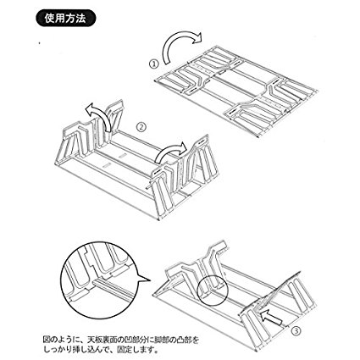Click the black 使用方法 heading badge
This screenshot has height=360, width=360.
66,19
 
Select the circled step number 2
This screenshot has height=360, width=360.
141,127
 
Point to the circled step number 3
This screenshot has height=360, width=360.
296,330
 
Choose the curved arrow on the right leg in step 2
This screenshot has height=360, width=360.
169,150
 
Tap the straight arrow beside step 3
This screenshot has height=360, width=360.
271,317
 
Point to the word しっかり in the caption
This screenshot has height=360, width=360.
59,350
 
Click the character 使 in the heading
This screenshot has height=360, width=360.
50,19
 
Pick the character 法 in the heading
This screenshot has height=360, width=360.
80,19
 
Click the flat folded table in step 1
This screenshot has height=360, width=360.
235,91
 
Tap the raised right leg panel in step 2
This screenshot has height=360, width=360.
185,176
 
